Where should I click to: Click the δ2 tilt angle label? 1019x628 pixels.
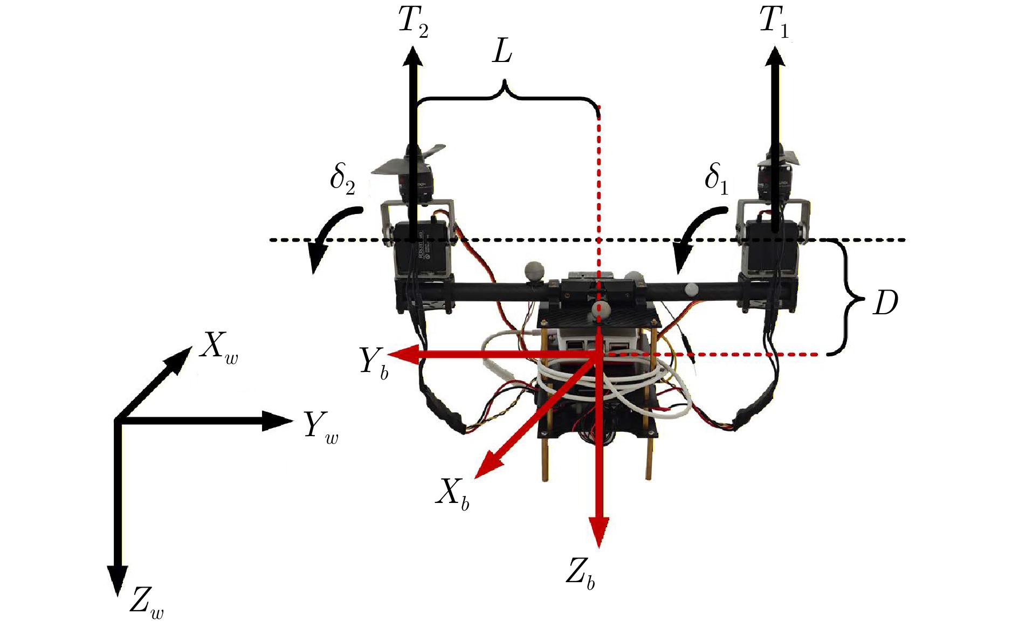click(343, 178)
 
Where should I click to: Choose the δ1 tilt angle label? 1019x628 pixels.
click(717, 178)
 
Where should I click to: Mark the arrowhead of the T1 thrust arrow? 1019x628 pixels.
click(775, 56)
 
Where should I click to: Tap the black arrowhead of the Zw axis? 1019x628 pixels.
click(117, 581)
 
